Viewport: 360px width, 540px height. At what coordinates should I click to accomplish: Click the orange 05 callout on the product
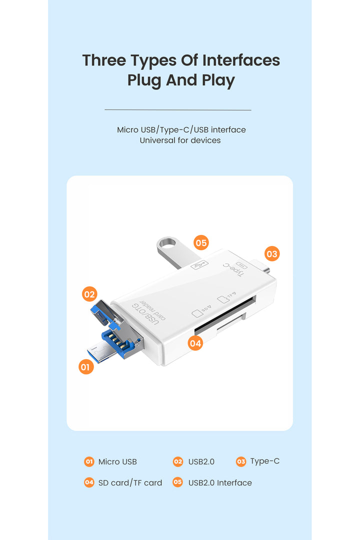pyautogui.click(x=201, y=243)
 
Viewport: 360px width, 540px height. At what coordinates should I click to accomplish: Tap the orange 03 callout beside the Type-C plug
pyautogui.click(x=272, y=254)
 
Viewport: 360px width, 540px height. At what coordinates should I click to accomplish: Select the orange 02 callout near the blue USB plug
pyautogui.click(x=89, y=294)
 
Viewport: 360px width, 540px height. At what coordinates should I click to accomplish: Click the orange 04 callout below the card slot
pyautogui.click(x=195, y=343)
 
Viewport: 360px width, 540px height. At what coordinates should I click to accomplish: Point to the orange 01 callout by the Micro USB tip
pyautogui.click(x=86, y=367)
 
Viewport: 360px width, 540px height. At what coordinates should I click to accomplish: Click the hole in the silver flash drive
pyautogui.click(x=169, y=242)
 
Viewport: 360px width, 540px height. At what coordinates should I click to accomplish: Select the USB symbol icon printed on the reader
pyautogui.click(x=200, y=265)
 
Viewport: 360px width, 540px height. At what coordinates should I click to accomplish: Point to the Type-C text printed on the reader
pyautogui.click(x=235, y=269)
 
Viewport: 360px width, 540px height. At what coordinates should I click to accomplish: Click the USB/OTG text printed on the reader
pyautogui.click(x=145, y=313)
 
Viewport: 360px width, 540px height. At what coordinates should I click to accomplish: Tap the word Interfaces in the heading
pyautogui.click(x=241, y=60)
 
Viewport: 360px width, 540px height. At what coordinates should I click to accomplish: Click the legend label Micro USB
pyautogui.click(x=117, y=462)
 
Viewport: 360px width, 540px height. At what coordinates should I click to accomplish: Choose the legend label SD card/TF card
pyautogui.click(x=130, y=483)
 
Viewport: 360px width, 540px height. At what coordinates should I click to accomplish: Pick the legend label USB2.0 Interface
pyautogui.click(x=220, y=483)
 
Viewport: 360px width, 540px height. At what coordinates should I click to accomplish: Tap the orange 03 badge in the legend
pyautogui.click(x=241, y=461)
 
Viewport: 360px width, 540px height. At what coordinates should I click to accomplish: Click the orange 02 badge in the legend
pyautogui.click(x=178, y=461)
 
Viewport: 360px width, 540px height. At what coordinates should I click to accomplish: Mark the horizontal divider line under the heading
pyautogui.click(x=178, y=110)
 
